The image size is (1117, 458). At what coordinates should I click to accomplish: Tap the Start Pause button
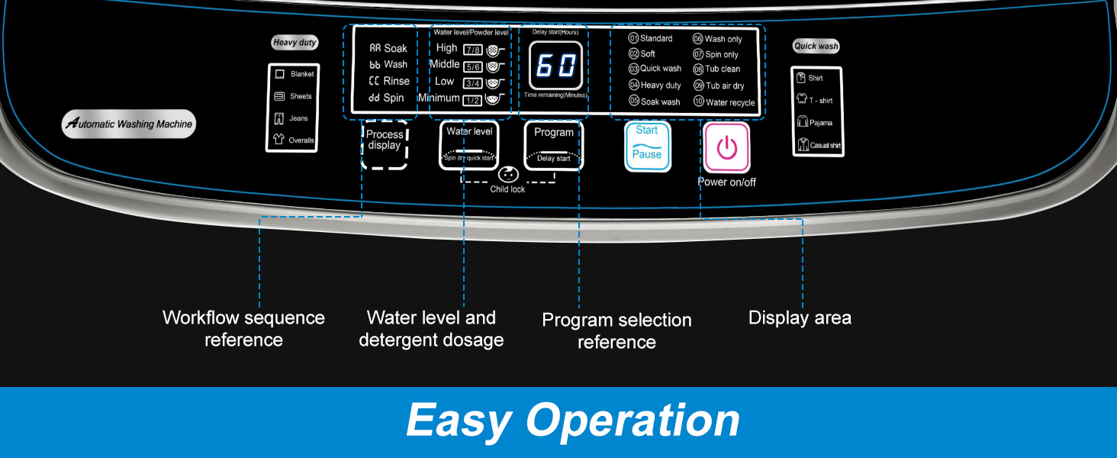coord(648,146)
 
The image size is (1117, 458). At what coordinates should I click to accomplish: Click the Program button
coord(554,145)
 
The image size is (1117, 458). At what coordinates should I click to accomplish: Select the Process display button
coord(385,144)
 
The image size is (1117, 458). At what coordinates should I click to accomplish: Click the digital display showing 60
coord(556,66)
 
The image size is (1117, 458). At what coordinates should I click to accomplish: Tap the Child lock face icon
coord(507,174)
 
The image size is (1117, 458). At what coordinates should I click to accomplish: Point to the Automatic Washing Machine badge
coord(129,124)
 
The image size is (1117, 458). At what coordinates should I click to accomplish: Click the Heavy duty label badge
coord(295,43)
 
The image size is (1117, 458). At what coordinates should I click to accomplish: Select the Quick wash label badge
coord(816,46)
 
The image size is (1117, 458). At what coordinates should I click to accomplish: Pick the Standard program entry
coord(650,38)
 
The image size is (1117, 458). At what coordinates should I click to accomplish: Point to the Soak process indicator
coord(388,48)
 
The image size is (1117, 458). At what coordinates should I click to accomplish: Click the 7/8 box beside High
coord(472,50)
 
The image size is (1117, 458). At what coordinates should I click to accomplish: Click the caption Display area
coord(800,318)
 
